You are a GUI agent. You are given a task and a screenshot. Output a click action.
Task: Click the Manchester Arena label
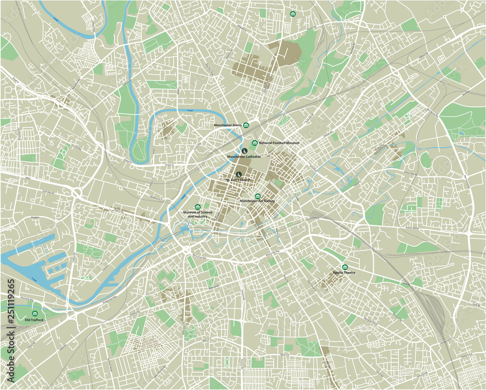[228, 125]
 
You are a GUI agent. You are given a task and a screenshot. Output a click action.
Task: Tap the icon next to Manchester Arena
[246, 125]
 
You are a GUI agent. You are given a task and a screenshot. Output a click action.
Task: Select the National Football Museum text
[279, 143]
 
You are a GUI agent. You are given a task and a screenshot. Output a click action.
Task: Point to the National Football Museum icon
[255, 143]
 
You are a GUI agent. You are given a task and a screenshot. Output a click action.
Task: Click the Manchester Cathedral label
[244, 157]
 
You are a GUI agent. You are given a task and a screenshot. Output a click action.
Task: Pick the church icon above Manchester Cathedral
[244, 151]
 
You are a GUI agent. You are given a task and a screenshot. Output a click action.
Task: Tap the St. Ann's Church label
[238, 180]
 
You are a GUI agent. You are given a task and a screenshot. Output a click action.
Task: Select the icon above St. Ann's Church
[239, 174]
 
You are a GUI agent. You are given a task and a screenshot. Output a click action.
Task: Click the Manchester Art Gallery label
[258, 201]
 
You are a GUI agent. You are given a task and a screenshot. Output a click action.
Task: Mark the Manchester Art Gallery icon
[258, 196]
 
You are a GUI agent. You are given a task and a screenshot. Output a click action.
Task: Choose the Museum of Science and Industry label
[197, 214]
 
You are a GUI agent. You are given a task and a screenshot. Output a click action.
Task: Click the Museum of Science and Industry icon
[197, 207]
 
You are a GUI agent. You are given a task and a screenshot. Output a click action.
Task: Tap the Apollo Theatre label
[345, 273]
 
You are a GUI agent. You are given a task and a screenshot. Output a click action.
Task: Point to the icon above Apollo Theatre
[345, 267]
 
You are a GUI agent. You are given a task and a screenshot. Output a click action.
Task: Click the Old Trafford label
[34, 320]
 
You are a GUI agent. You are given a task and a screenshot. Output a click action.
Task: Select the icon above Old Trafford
[35, 314]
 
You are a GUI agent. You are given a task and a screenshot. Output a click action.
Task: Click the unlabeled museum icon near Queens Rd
[293, 14]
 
